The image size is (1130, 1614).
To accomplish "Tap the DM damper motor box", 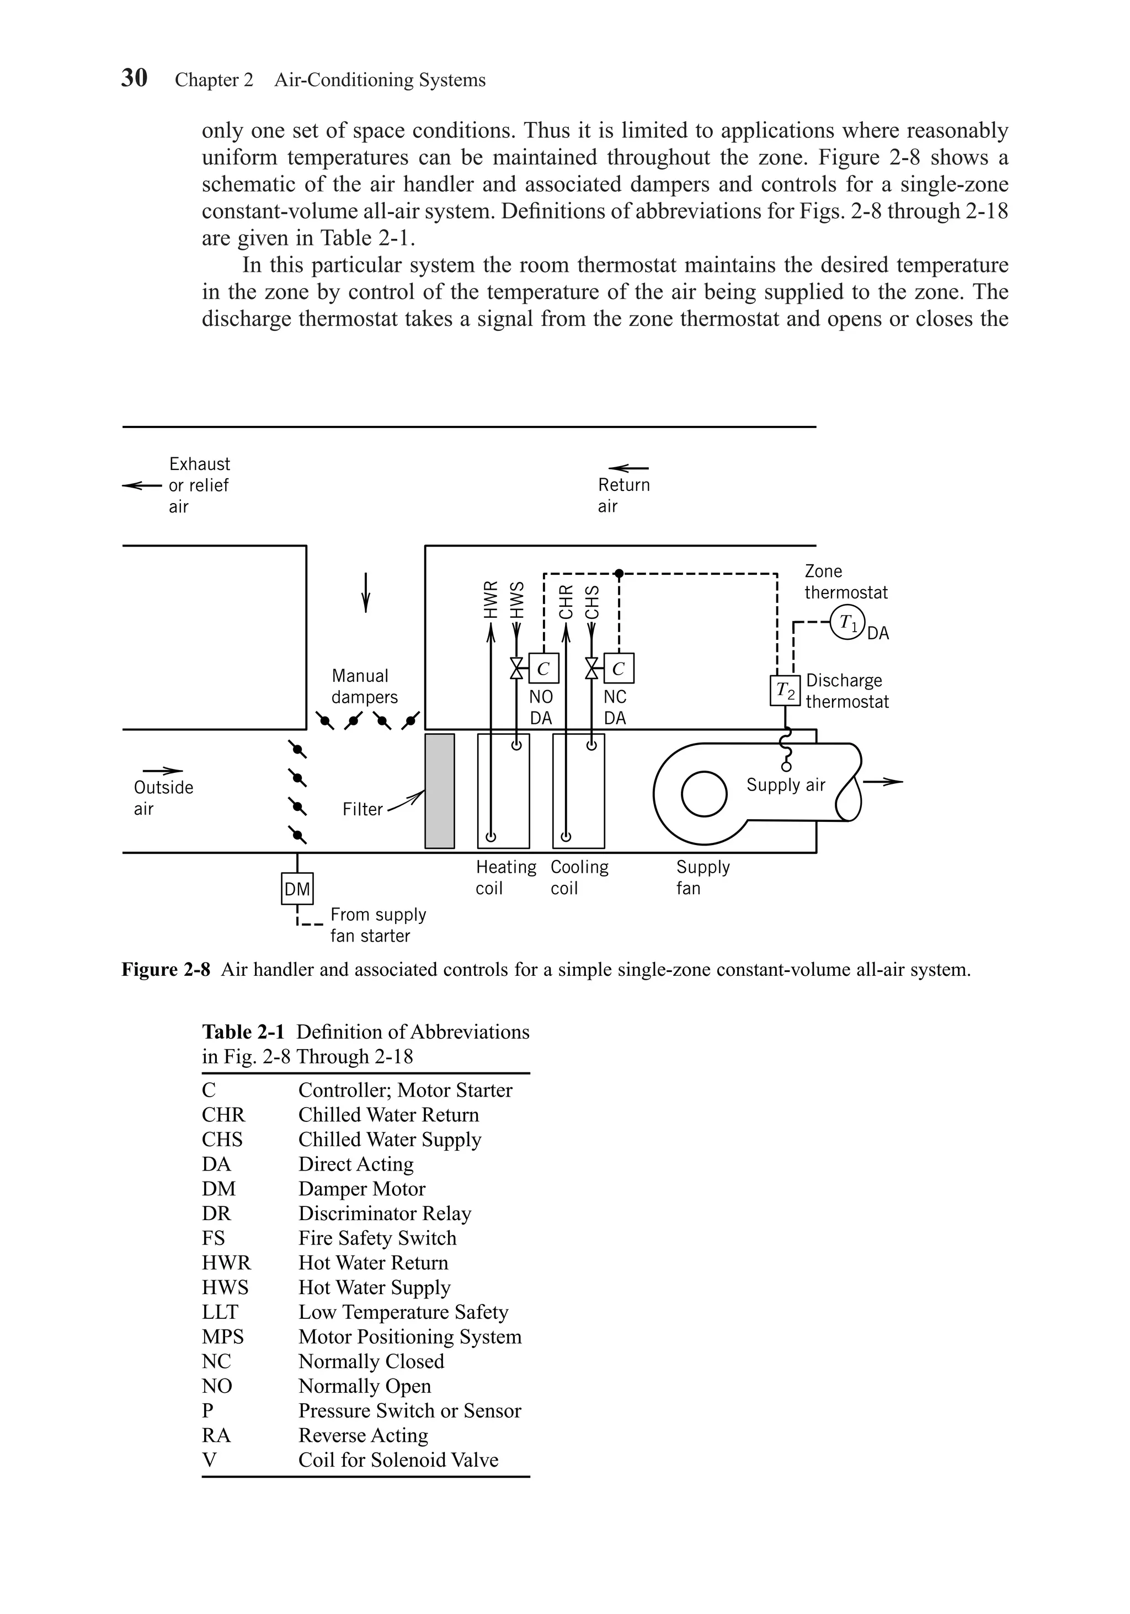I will click(297, 889).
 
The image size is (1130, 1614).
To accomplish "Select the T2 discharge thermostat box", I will click(785, 692).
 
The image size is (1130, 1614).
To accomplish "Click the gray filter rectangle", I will click(440, 791).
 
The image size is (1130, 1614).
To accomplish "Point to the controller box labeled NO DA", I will click(543, 669).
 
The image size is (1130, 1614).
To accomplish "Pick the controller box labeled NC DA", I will click(618, 669).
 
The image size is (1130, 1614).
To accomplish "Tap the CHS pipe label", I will click(592, 602).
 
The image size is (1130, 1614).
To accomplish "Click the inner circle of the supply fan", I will click(704, 794).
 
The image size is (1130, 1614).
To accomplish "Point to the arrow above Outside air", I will click(163, 771).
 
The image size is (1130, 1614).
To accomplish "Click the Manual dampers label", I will click(364, 686).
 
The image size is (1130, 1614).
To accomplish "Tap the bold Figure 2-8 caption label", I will click(166, 970).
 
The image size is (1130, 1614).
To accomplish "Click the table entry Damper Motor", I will click(361, 1189).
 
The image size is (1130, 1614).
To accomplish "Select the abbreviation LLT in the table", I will click(220, 1312).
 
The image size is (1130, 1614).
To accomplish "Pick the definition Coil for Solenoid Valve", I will click(398, 1460).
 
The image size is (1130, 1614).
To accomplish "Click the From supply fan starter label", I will click(377, 925).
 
